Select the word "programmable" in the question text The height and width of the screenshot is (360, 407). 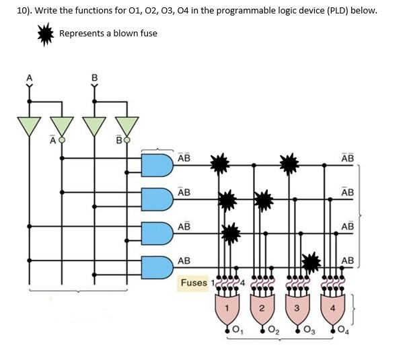pos(253,11)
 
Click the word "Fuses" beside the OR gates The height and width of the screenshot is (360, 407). pos(194,283)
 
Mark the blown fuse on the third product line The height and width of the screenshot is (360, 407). pos(231,233)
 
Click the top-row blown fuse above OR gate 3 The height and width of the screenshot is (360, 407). pos(289,163)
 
